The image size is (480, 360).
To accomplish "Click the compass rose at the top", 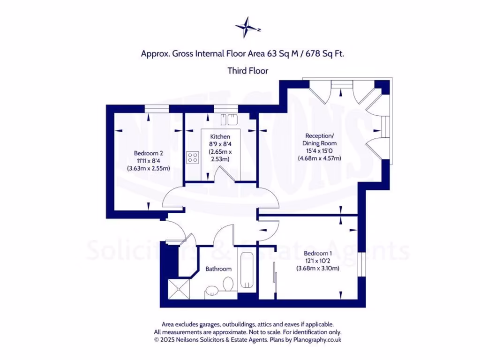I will click(247, 27).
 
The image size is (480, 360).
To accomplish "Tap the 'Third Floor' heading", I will click(247, 71).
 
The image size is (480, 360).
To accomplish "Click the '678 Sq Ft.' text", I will click(325, 54).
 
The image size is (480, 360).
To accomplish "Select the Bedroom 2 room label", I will click(149, 153).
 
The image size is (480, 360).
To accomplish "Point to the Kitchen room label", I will click(220, 136).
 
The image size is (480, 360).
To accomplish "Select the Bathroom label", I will click(218, 269).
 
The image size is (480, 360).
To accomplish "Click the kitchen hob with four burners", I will click(192, 157).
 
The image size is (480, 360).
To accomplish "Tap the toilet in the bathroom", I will click(228, 285).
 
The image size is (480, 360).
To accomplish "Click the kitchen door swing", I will click(220, 174).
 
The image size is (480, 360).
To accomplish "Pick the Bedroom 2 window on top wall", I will click(157, 109).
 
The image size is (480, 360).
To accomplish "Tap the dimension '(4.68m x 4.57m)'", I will click(319, 158).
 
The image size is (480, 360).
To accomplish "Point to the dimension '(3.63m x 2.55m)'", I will click(149, 168).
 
